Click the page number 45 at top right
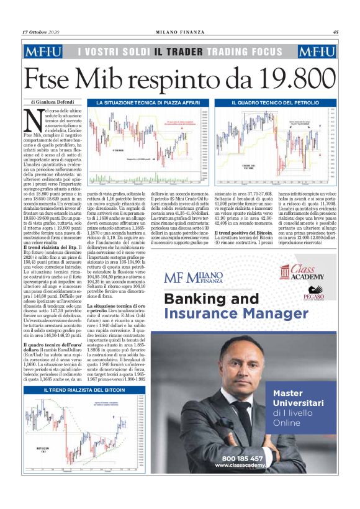click(335, 33)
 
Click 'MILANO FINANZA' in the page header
click(180, 33)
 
